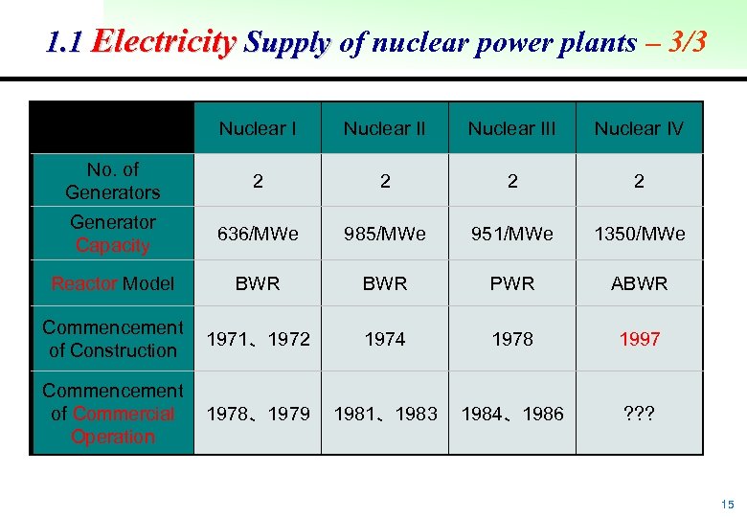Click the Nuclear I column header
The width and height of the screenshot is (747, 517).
point(258,128)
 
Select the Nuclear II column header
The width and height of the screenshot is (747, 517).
point(384,128)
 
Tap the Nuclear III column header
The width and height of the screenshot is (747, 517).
point(511,128)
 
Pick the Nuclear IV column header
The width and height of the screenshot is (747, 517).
point(639,128)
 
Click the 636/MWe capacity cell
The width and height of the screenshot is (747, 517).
point(258,234)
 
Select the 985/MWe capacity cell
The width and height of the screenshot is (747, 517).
point(384,234)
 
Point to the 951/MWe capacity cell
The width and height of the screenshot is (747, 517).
point(511,234)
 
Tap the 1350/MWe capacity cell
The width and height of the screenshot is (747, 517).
point(639,234)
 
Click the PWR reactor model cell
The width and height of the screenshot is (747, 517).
point(511,283)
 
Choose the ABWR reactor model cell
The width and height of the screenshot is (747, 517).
point(639,283)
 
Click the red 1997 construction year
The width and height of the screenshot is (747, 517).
point(639,339)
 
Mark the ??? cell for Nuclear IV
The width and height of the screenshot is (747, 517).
point(639,414)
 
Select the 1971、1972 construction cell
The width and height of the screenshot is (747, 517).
point(258,339)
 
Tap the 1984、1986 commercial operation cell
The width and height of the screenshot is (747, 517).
point(511,414)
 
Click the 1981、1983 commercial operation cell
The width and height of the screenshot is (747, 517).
point(384,414)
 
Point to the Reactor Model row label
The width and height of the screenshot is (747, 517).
point(112,283)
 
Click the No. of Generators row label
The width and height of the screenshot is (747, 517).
point(112,180)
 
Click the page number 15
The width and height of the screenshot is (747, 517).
point(728,504)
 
